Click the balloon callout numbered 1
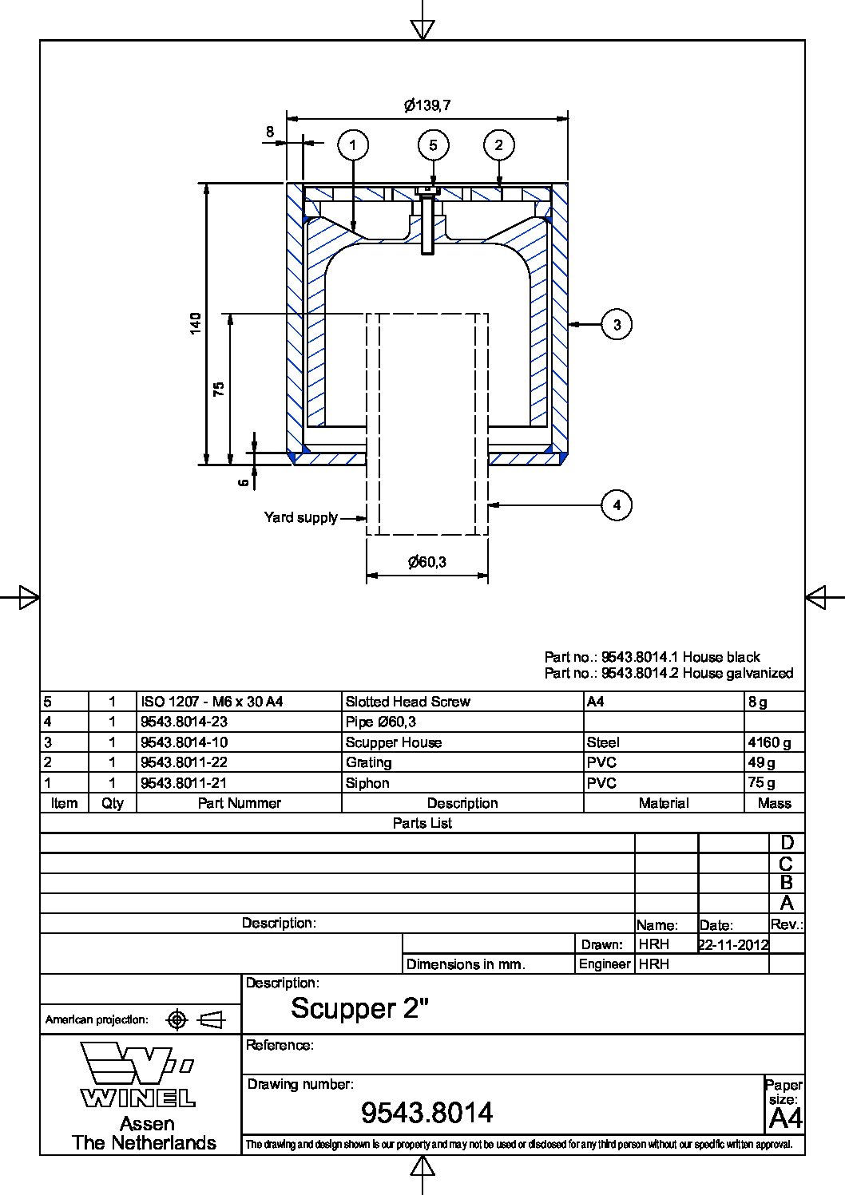click(x=353, y=145)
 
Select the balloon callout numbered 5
click(x=433, y=145)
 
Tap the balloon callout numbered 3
click(x=617, y=324)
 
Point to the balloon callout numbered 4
click(x=617, y=505)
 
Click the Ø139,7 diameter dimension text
click(x=427, y=105)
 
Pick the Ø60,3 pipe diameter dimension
click(x=427, y=562)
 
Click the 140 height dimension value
click(x=196, y=323)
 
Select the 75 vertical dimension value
click(x=219, y=389)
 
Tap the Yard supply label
click(x=301, y=517)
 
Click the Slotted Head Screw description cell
click(x=408, y=702)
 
